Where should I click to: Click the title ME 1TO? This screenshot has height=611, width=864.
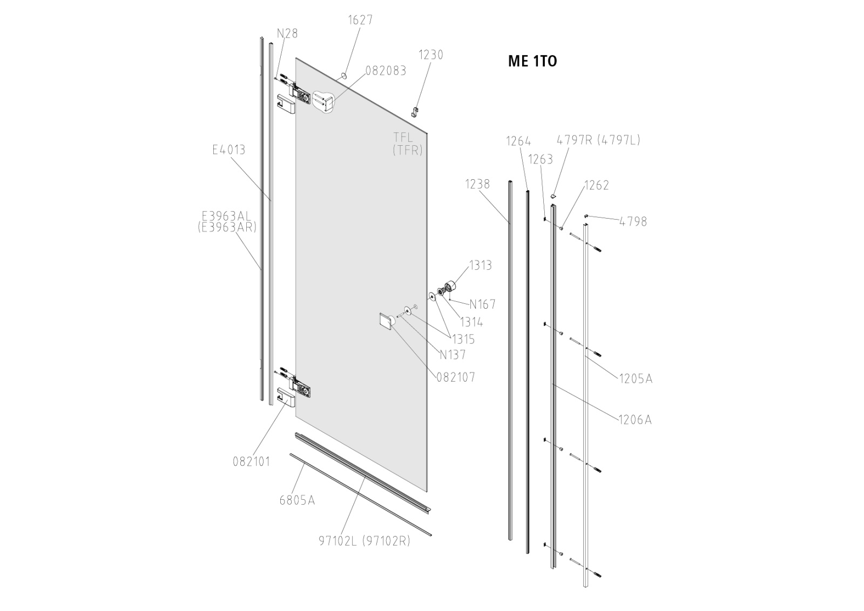tap(532, 62)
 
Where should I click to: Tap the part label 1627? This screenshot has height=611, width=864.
tap(360, 20)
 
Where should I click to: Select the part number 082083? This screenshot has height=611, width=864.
tap(386, 71)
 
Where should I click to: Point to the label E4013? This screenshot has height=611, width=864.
tap(228, 150)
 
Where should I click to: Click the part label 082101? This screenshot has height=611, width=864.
tap(251, 461)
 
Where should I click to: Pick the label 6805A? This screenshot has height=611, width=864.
tap(296, 500)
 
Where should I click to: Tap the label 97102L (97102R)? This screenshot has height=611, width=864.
tap(364, 540)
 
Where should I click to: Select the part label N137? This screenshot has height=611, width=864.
tap(452, 355)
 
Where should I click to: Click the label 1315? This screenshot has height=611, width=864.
tap(463, 339)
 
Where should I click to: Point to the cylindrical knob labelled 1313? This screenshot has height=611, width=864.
tap(449, 286)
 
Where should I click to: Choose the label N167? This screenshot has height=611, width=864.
tap(482, 304)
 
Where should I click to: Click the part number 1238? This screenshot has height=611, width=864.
tap(477, 184)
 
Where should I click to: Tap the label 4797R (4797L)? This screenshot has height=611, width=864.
tap(598, 140)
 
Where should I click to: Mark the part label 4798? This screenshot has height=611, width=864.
tap(633, 221)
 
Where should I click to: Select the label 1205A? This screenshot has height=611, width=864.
tap(636, 379)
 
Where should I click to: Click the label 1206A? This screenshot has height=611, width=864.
tap(635, 419)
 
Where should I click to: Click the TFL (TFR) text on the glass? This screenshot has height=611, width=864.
tap(407, 144)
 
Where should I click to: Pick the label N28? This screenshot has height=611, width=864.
tap(287, 33)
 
